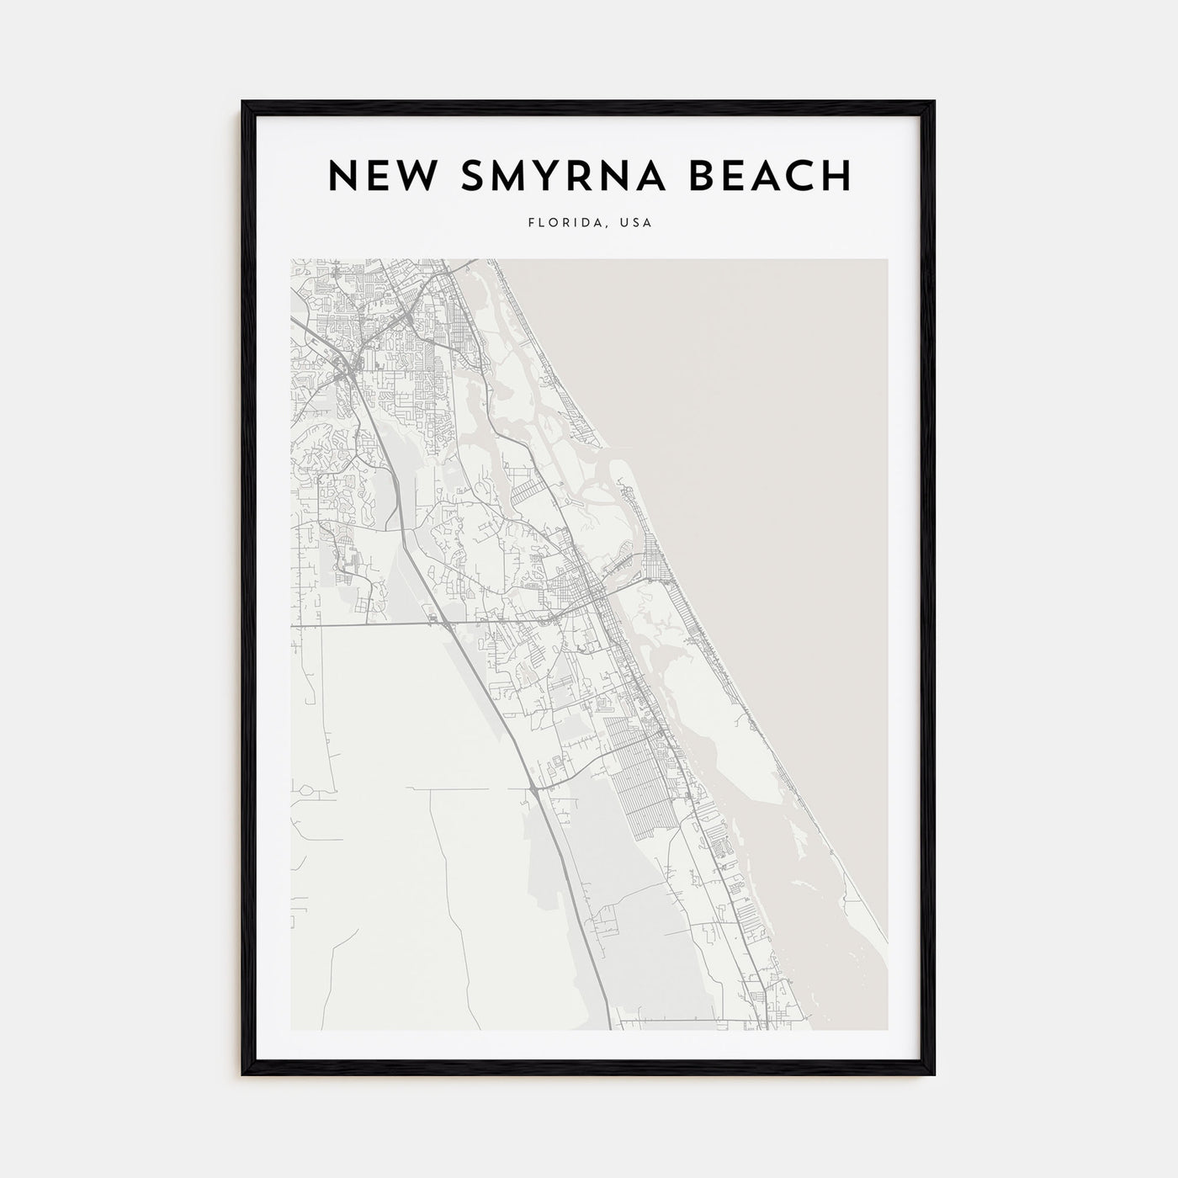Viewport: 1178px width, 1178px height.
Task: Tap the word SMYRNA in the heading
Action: [560, 176]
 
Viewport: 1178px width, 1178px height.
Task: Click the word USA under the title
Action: [635, 224]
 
